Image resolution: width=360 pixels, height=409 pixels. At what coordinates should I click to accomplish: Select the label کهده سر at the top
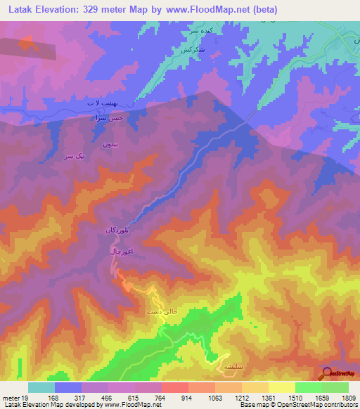point(213,32)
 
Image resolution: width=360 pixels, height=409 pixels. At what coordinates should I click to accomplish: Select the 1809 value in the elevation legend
point(348,398)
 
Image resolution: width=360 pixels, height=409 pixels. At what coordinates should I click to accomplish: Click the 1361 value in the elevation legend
point(268,398)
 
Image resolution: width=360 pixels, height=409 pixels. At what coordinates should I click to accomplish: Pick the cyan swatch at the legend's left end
point(41,387)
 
